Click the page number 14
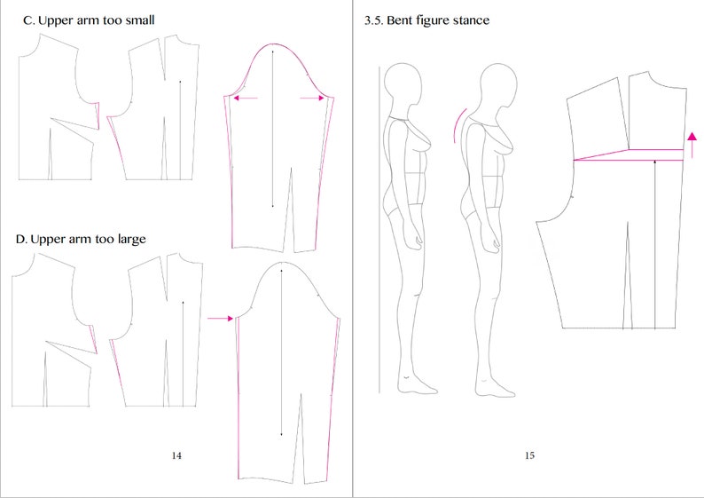tap(176, 455)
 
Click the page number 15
tap(529, 455)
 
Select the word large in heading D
tap(128, 240)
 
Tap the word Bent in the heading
tap(402, 20)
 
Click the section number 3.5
tap(373, 20)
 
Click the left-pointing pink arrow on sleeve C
tap(246, 99)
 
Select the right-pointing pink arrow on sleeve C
tap(311, 99)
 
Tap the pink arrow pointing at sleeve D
tap(218, 317)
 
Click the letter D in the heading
tap(21, 240)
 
